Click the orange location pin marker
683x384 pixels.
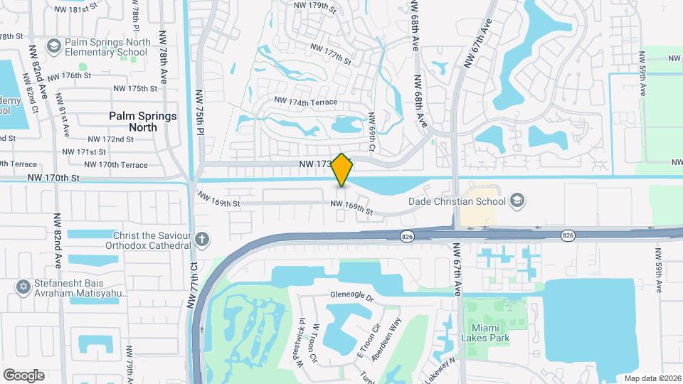pos(342,169)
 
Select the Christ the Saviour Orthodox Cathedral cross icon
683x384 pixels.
pos(202,239)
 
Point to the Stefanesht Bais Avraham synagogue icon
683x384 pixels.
pos(21,286)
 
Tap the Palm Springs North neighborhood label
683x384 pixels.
pos(142,121)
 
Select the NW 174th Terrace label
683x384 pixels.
pos(304,102)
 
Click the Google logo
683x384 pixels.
pos(23,375)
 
